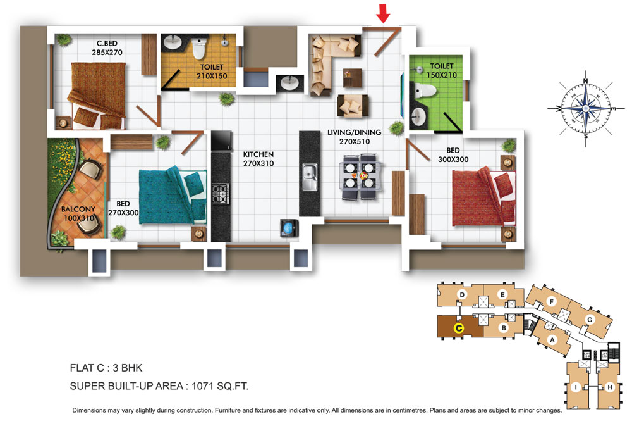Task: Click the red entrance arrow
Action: click(x=383, y=13)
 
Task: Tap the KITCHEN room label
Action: click(x=258, y=154)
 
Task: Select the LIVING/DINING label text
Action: click(x=354, y=132)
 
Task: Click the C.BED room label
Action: click(x=107, y=43)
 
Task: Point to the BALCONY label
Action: click(x=78, y=209)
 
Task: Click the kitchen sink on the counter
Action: click(x=310, y=177)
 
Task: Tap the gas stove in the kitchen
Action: click(x=221, y=194)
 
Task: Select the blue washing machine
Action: click(x=289, y=228)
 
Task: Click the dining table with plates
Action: click(x=360, y=177)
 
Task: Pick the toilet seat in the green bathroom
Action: click(x=423, y=91)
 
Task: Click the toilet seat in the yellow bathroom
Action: click(x=198, y=49)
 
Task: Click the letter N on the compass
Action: click(x=586, y=82)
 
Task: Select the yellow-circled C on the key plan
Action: click(x=459, y=328)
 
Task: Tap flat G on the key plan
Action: click(x=590, y=320)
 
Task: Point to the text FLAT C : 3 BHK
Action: click(x=106, y=368)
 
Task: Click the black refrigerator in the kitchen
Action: click(x=222, y=141)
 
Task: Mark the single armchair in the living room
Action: click(x=352, y=106)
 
